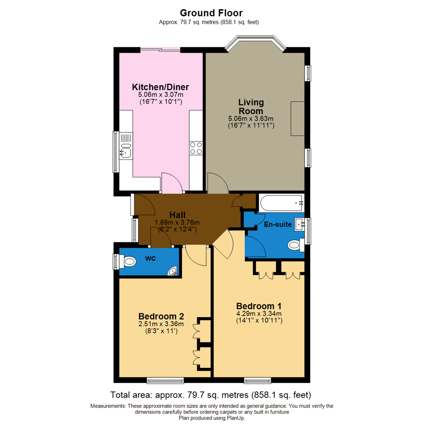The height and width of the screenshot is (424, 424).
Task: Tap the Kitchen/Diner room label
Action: point(161,87)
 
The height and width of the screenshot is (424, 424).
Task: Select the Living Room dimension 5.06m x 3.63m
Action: point(250,118)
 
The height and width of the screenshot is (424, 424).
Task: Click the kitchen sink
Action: point(126,150)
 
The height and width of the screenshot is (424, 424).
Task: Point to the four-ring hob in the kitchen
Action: point(196,148)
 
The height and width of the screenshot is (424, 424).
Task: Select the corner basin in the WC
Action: point(172,271)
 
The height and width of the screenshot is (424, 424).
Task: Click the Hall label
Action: point(177,215)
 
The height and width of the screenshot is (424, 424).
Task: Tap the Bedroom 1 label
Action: point(259,306)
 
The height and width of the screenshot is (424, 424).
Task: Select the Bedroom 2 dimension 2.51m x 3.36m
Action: point(161,324)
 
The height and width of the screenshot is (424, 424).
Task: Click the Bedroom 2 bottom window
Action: point(165,380)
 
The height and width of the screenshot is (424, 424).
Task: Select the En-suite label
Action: point(277,225)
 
